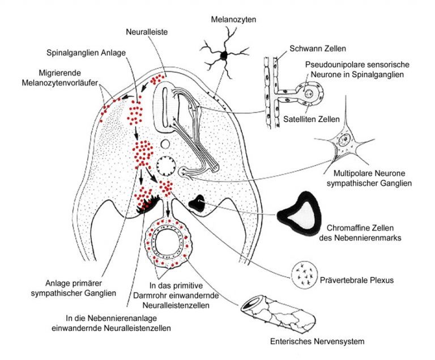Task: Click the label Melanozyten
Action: [x=233, y=19]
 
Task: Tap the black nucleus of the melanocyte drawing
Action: [x=224, y=56]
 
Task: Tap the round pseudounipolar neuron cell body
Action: [x=309, y=95]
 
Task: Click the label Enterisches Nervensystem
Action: [x=317, y=341]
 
